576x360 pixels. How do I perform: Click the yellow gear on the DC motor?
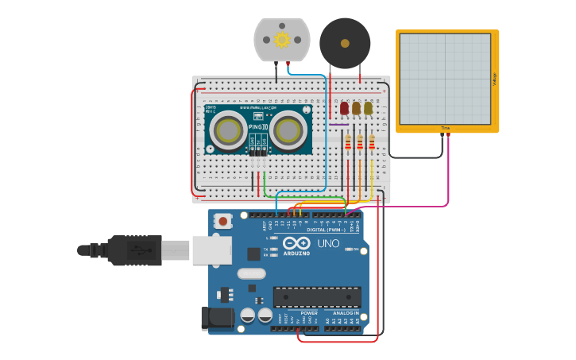pyautogui.click(x=281, y=39)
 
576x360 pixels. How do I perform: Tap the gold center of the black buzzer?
pyautogui.click(x=345, y=44)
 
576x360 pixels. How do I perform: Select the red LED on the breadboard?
pyautogui.click(x=344, y=108)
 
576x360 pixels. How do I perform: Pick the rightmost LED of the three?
pyautogui.click(x=368, y=108)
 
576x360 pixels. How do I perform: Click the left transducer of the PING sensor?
pyautogui.click(x=229, y=130)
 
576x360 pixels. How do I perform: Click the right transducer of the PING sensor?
pyautogui.click(x=288, y=130)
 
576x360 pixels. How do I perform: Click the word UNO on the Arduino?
pyautogui.click(x=328, y=243)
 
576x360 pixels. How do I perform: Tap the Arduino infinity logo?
pyautogui.click(x=295, y=243)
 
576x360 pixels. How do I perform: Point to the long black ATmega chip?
pyautogui.click(x=317, y=297)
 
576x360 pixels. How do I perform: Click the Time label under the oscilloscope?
pyautogui.click(x=445, y=128)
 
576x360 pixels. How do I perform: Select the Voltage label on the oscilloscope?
pyautogui.click(x=493, y=79)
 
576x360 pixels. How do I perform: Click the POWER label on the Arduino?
pyautogui.click(x=308, y=313)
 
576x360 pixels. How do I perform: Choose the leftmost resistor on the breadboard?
pyautogui.click(x=347, y=143)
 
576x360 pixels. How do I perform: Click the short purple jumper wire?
pyautogui.click(x=338, y=124)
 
